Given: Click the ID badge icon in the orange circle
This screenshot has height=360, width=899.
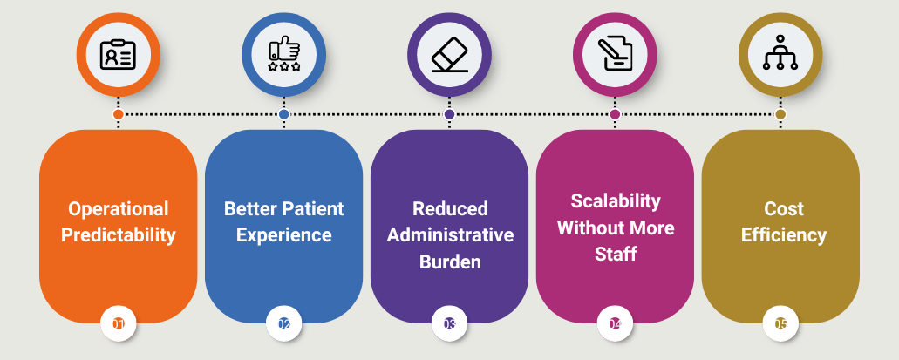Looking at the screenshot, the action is coord(118,55).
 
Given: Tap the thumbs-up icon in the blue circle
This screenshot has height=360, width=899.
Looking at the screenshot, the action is coord(283,55).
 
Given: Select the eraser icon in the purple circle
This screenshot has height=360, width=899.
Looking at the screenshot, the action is coord(450,55).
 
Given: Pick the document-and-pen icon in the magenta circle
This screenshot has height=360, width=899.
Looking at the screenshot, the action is coord(615,54).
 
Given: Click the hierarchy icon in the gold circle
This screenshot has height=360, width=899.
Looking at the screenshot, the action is coord(780,53).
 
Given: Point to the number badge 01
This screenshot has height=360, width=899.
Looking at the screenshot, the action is coord(118,324).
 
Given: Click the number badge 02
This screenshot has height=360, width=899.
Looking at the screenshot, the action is coord(283,324).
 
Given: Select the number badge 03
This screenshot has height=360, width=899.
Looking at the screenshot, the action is coord(450,324).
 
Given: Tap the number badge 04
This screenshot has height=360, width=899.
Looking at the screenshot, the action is coord(615,324).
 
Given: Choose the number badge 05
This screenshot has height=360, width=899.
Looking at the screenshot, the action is coord(780,324).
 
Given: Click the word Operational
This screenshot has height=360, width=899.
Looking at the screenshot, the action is coord(118,209).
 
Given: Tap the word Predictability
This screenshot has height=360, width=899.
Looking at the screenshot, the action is coord(118,235).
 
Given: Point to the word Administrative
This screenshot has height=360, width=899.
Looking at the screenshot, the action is coord(450,235).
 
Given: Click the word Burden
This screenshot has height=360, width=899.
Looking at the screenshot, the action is coord(450,262).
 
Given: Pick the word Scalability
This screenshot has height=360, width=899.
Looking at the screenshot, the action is coord(616,201).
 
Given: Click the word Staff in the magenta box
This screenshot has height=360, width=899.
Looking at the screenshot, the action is coord(616,254).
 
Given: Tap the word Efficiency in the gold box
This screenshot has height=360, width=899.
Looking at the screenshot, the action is coord(783,235).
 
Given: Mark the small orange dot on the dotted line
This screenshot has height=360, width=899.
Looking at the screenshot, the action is coord(118,115).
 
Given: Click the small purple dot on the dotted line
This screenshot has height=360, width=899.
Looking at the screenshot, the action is coord(450,115).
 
